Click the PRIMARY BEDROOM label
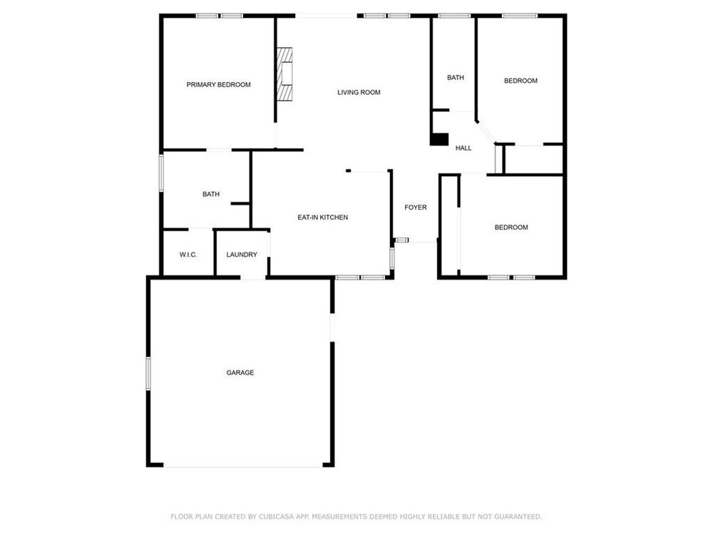[x=218, y=85]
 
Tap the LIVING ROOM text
[x=359, y=92]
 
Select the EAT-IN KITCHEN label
[x=323, y=218]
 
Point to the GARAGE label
[x=240, y=372]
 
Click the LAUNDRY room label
[x=242, y=255]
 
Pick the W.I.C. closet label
[x=188, y=255]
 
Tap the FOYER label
[x=416, y=208]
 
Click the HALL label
[x=463, y=148]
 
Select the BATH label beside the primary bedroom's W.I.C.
[x=211, y=194]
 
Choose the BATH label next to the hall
[x=455, y=78]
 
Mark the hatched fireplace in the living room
[x=284, y=73]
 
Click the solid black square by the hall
[x=439, y=139]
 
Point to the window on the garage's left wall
[x=148, y=374]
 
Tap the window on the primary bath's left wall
[x=161, y=173]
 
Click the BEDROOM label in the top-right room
[x=520, y=81]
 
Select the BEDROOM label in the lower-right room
[x=511, y=228]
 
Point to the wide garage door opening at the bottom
[x=243, y=467]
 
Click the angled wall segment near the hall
[x=486, y=133]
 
